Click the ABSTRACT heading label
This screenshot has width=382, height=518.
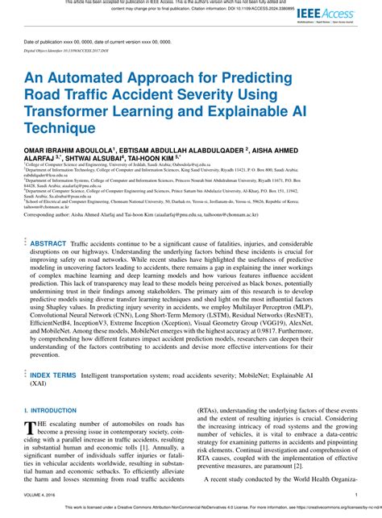point(48,242)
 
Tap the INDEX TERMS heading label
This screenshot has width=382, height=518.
point(53,375)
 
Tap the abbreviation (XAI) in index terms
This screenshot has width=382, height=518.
point(39,384)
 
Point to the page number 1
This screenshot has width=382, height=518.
point(356,495)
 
